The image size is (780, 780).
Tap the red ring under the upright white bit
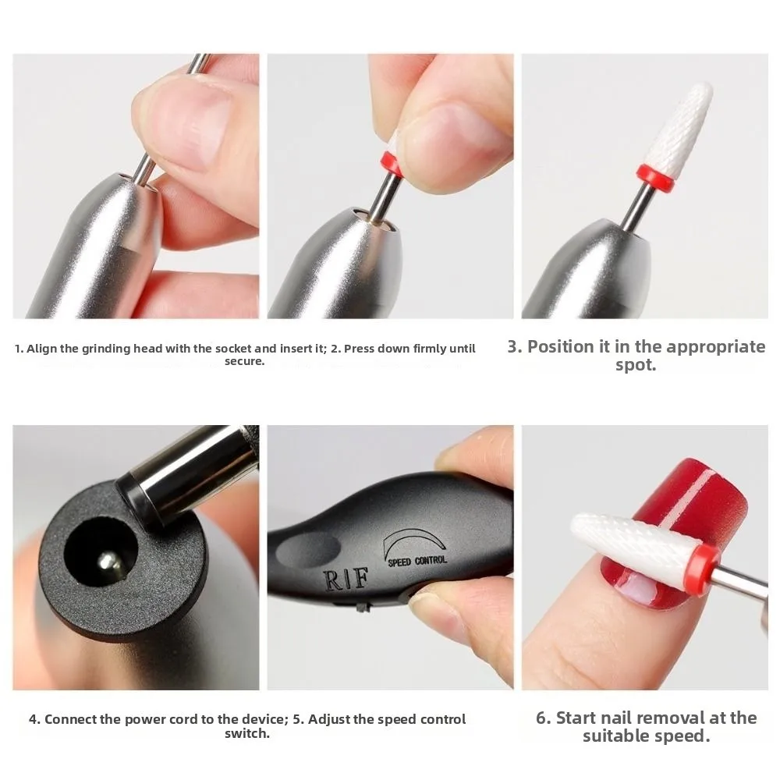pyautogui.click(x=654, y=177)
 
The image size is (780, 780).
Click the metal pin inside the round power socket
pyautogui.click(x=107, y=559)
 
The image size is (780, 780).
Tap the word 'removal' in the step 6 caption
pyautogui.click(x=678, y=718)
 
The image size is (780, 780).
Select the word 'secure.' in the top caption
pyautogui.click(x=246, y=362)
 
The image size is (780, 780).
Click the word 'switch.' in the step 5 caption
pyautogui.click(x=246, y=734)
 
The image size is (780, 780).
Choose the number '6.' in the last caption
pyautogui.click(x=544, y=718)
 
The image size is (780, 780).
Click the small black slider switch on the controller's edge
pyautogui.click(x=361, y=606)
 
